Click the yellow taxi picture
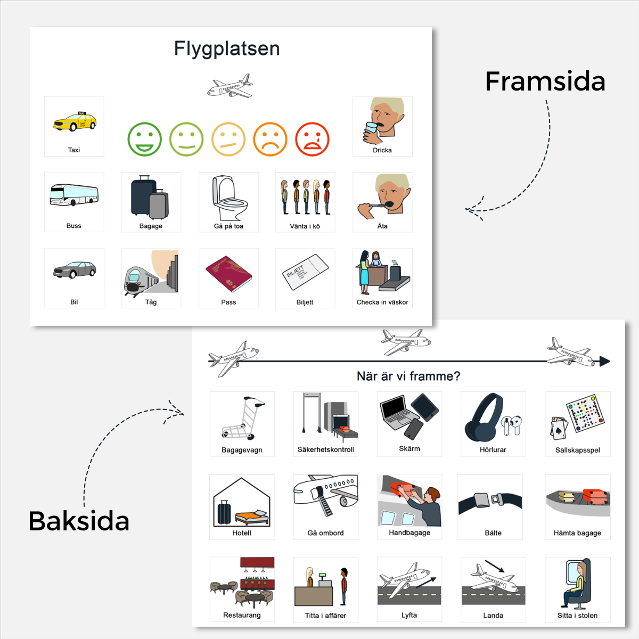coord(75,121)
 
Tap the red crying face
coord(312,140)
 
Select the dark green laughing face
coord(145,140)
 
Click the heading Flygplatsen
coord(227,48)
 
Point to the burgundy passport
coord(228,274)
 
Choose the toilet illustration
coord(230,198)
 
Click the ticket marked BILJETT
coord(305,272)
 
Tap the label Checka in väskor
coord(382,302)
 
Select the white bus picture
coord(74,195)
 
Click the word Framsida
coord(545,81)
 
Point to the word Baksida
coord(79,521)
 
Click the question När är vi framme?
coord(408,376)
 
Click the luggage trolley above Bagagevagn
coord(243,418)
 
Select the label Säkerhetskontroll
coord(326,449)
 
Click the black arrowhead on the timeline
coord(605,361)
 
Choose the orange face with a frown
coord(271,140)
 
